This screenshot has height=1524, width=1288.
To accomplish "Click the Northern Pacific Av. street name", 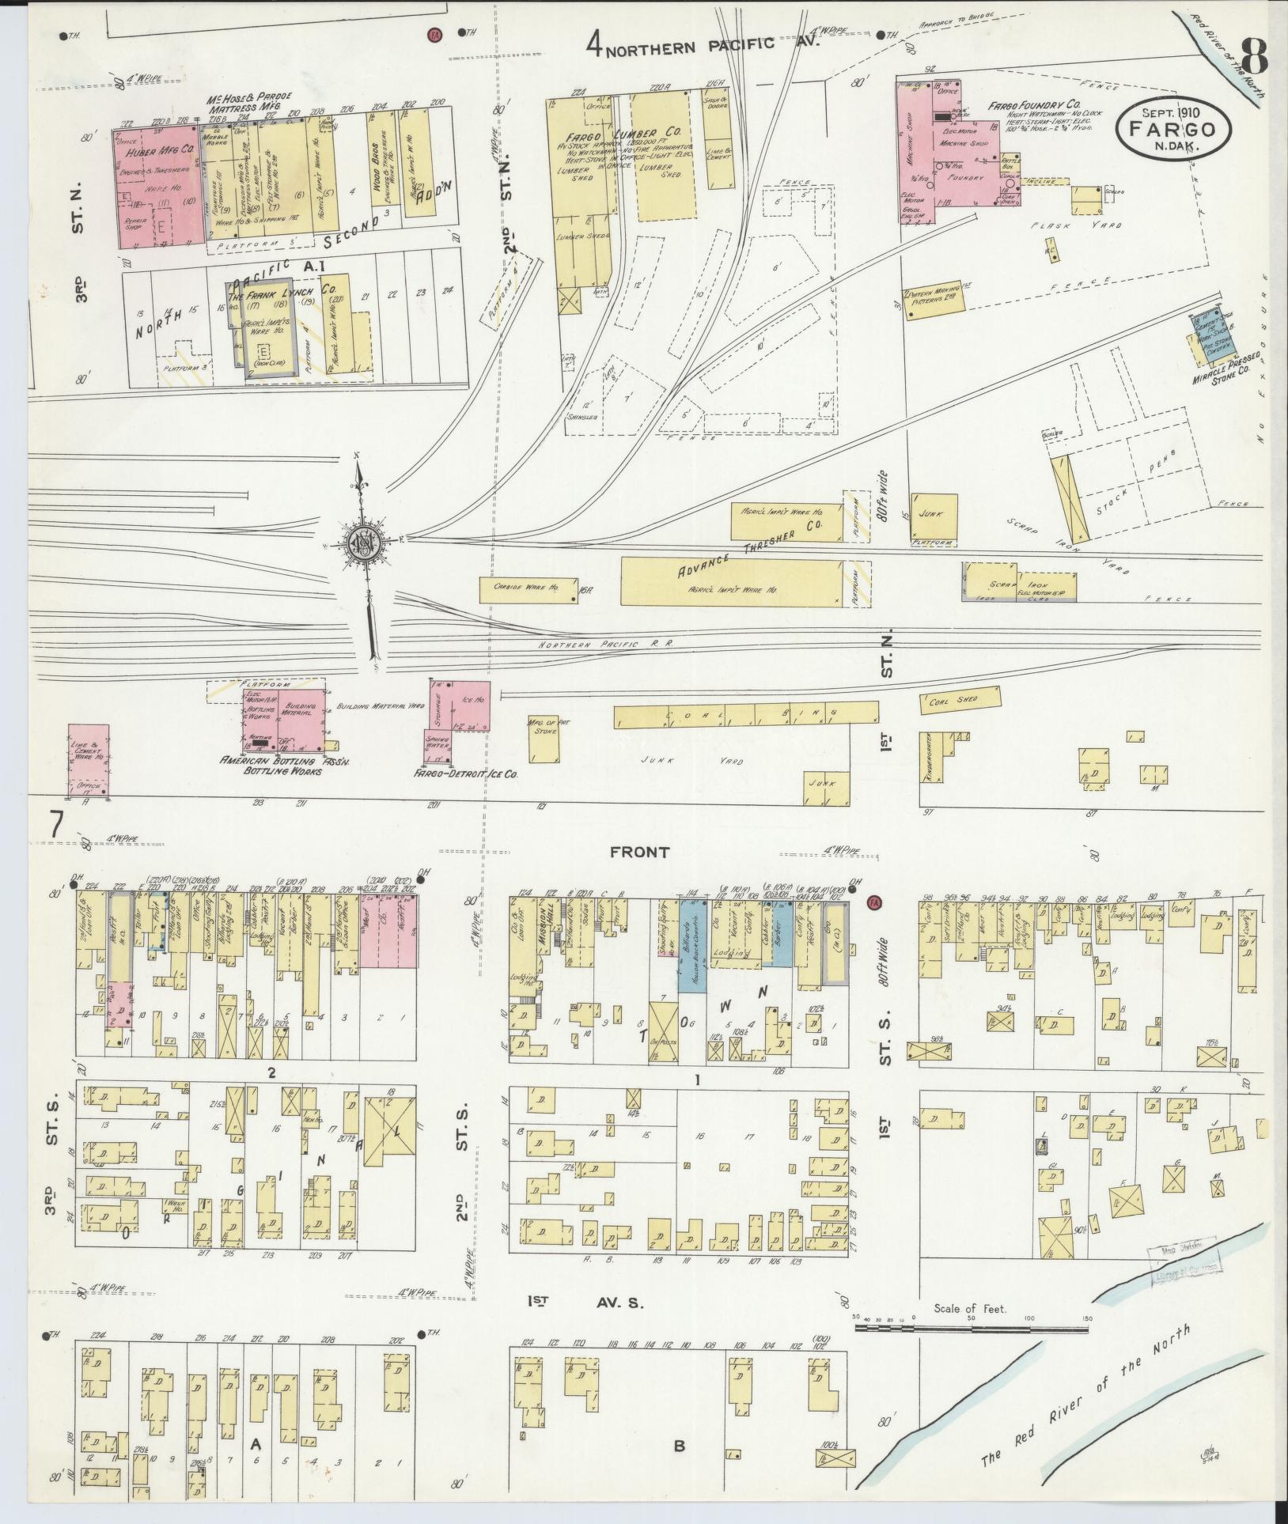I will (x=703, y=45).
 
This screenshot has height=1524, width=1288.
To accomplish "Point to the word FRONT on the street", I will (x=640, y=852).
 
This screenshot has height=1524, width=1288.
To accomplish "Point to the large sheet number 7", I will (x=56, y=826).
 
